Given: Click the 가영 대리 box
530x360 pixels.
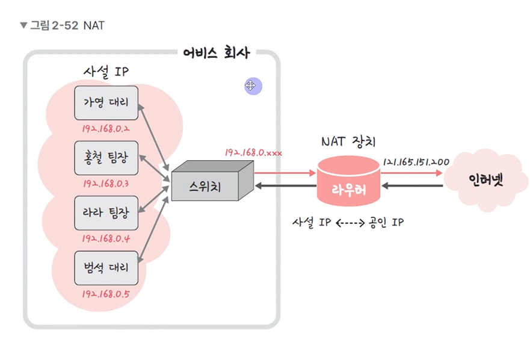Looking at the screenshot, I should click(x=106, y=103).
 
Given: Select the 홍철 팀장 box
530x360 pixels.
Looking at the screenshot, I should click(x=106, y=158).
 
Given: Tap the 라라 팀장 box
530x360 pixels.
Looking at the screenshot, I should click(x=106, y=213).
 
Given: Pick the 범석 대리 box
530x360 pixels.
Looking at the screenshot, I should click(x=106, y=267).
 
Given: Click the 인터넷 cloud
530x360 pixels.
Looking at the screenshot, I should click(x=487, y=180).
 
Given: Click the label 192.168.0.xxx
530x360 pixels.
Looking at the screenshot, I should click(x=253, y=152).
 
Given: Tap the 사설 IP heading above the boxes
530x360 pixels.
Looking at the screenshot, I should click(x=106, y=72).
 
